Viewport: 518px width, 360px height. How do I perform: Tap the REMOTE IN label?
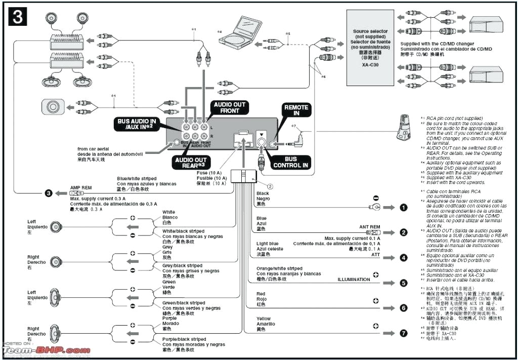pos(296,110)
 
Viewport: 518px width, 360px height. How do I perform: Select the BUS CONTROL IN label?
pos(291,162)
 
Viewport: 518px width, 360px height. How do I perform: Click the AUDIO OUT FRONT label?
pos(229,107)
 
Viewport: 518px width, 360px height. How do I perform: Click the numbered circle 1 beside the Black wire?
pos(403,207)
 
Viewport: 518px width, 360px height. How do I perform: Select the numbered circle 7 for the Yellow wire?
pos(403,333)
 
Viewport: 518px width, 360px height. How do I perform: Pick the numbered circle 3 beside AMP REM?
pos(48,193)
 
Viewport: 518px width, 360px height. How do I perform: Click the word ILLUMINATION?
pos(354,279)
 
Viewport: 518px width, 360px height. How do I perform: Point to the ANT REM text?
pos(369,227)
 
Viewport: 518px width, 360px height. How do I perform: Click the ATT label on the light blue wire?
pos(375,255)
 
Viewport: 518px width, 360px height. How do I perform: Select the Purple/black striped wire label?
pos(184,339)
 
